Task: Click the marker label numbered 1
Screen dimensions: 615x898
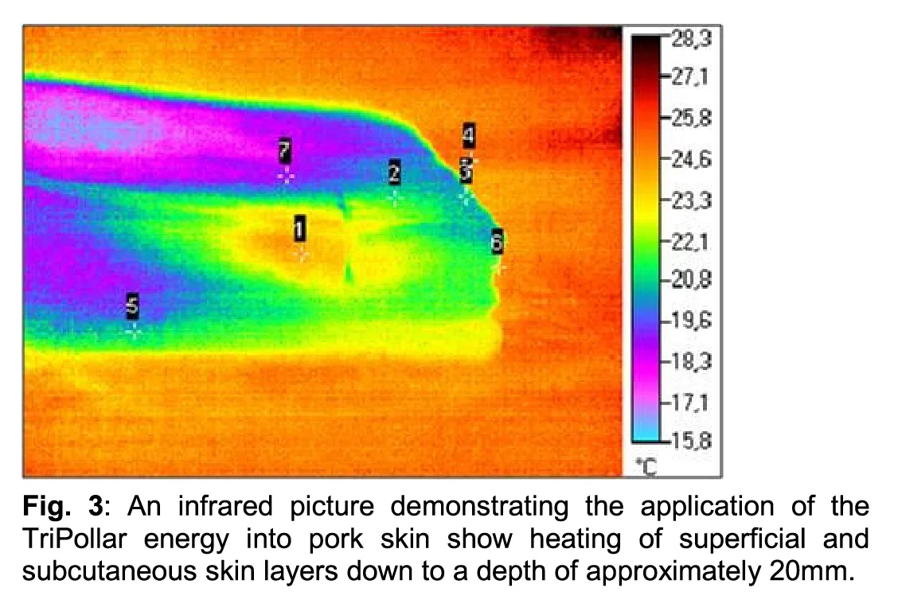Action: click(x=299, y=228)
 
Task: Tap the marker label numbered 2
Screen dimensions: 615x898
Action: click(x=394, y=172)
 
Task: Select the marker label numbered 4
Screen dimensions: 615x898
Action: click(x=469, y=137)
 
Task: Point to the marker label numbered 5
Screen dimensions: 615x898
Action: click(x=133, y=305)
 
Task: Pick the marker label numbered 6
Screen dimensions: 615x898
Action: click(x=497, y=242)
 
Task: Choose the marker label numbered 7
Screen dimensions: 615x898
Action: click(x=285, y=150)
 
